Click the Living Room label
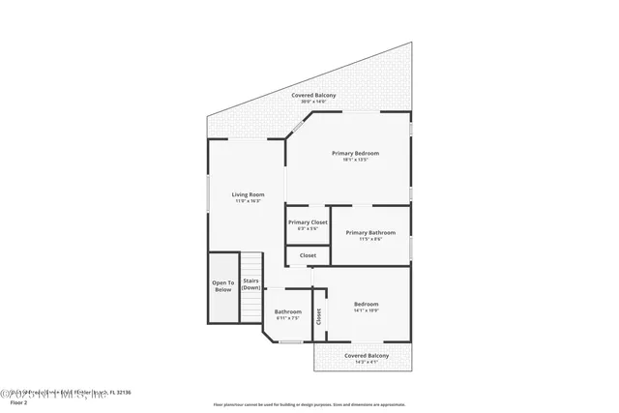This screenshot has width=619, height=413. click(248, 194)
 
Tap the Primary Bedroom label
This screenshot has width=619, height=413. click(355, 153)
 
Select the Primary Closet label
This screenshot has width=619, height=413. click(308, 222)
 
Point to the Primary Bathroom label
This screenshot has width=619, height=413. click(370, 232)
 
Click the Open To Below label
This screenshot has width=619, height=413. click(223, 285)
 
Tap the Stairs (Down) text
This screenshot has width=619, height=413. click(251, 284)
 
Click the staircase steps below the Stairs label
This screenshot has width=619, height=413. click(251, 308)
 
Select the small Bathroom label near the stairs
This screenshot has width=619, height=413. click(288, 311)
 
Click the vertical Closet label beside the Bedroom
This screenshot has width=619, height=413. click(318, 324)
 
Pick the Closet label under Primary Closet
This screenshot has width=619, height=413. click(308, 255)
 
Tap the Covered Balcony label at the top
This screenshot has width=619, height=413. click(313, 95)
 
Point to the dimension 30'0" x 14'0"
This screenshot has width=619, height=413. click(313, 102)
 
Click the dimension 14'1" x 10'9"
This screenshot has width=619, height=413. click(366, 310)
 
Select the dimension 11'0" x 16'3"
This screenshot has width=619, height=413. click(248, 201)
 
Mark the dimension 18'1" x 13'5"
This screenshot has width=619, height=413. click(355, 160)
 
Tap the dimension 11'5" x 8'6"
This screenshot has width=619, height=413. click(370, 239)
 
